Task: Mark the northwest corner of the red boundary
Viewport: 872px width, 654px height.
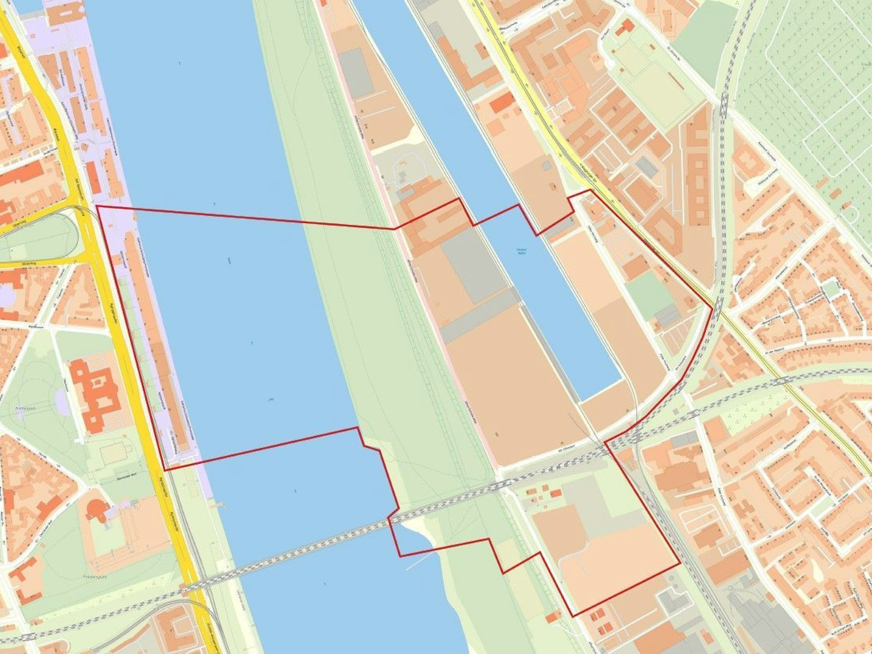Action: point(96,206)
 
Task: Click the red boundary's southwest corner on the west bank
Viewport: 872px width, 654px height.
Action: point(164,470)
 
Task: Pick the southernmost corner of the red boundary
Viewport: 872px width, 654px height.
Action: point(572,616)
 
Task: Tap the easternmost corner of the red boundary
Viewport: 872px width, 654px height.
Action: point(712,308)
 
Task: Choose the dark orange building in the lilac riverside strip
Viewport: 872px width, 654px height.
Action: point(93,177)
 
